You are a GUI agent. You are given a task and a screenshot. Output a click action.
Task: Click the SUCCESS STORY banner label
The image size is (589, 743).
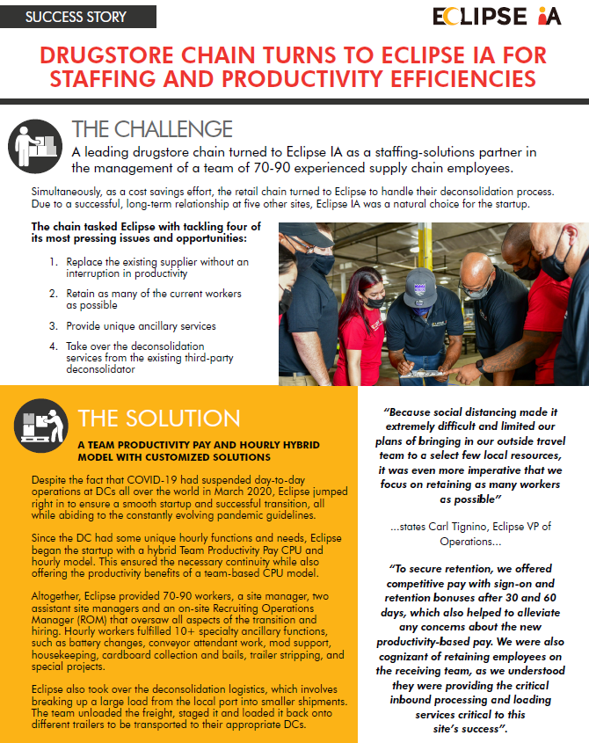pyautogui.click(x=76, y=17)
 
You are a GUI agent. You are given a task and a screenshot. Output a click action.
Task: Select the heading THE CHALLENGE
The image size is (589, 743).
pyautogui.click(x=152, y=130)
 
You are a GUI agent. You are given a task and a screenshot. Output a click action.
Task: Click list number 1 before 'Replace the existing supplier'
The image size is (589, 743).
pyautogui.click(x=54, y=262)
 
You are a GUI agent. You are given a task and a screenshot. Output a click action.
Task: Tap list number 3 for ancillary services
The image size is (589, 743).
pyautogui.click(x=54, y=325)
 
